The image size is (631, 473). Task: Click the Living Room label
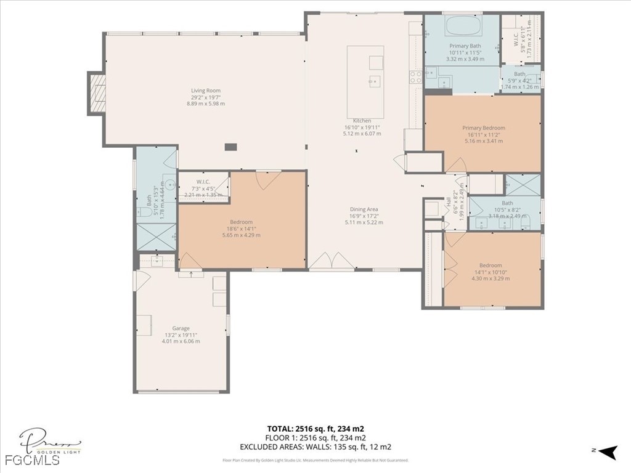click(205, 91)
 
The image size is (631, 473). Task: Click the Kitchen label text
click(362, 121)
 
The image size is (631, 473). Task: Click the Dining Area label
click(364, 209)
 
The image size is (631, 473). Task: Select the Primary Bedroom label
click(483, 128)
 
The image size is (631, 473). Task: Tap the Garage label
click(181, 328)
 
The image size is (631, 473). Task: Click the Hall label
click(449, 201)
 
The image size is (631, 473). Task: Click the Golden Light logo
click(50, 442)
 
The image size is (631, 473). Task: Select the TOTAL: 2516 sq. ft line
click(319, 429)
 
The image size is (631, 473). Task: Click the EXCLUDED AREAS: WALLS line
click(315, 447)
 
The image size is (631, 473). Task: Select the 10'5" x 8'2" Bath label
click(507, 209)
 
